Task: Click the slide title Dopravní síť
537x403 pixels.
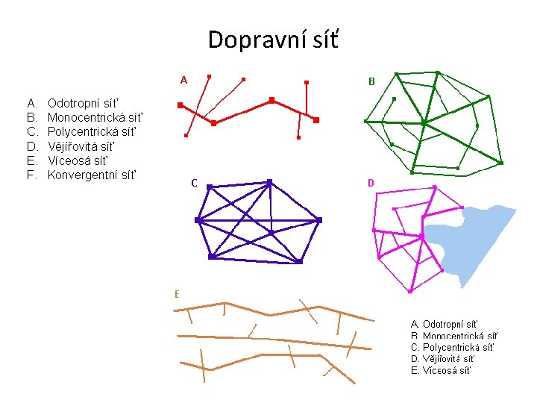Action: coord(273,39)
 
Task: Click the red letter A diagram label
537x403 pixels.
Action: coord(183,80)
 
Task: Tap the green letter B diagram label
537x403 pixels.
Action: coord(371,81)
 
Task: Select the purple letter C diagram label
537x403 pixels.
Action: coord(194,183)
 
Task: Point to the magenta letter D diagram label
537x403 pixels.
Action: coord(371,183)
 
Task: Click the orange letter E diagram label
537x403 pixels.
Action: coord(177,294)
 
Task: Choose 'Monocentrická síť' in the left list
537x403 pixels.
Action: coord(94,117)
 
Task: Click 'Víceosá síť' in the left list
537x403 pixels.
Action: coord(78,160)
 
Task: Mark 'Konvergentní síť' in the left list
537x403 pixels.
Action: coord(92,175)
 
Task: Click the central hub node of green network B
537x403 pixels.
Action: coord(424,122)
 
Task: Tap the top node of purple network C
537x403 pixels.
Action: coord(269,181)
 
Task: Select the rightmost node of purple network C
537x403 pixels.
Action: coord(319,220)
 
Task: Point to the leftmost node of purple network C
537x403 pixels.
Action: coord(198,220)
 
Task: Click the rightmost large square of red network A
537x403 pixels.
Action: coord(316,119)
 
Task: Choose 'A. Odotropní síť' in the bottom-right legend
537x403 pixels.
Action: coord(444,324)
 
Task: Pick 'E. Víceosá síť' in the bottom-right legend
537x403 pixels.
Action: coord(441,370)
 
